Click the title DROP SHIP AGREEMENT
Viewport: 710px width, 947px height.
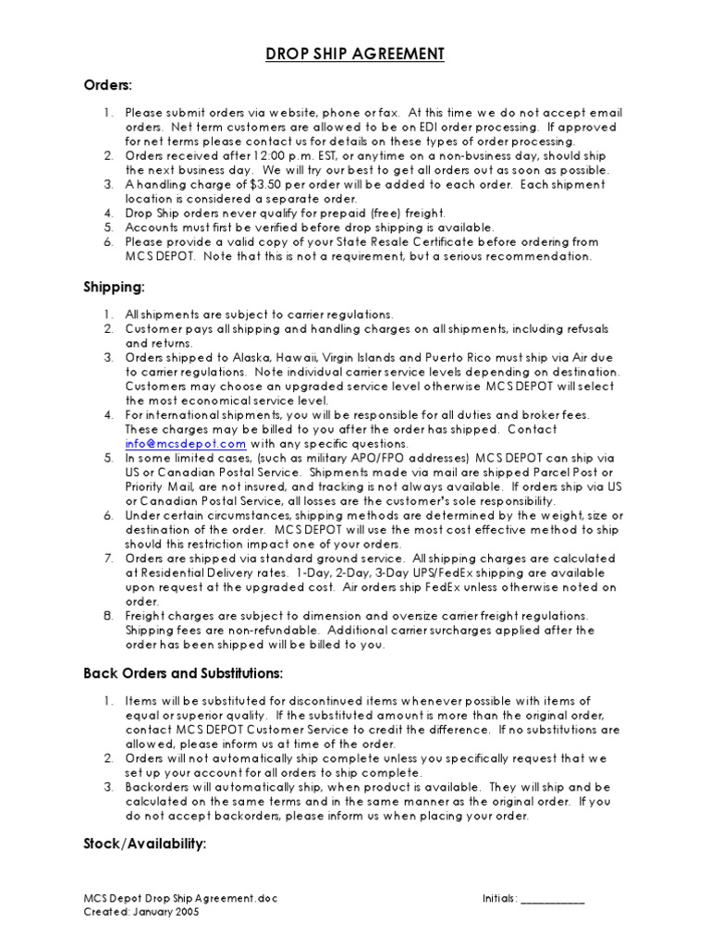(355, 55)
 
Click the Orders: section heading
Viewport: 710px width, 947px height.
(108, 85)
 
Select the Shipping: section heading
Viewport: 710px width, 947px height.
(114, 288)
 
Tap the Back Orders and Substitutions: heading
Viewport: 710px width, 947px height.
(183, 673)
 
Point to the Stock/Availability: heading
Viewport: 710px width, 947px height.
(145, 844)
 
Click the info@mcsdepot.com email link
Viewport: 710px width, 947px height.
(180, 444)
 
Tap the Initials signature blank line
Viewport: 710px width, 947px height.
(553, 898)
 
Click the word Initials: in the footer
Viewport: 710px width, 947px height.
(499, 898)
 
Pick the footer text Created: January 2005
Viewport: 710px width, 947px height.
(141, 911)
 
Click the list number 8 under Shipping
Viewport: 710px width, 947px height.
(107, 616)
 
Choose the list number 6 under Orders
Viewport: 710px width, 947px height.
(107, 242)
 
